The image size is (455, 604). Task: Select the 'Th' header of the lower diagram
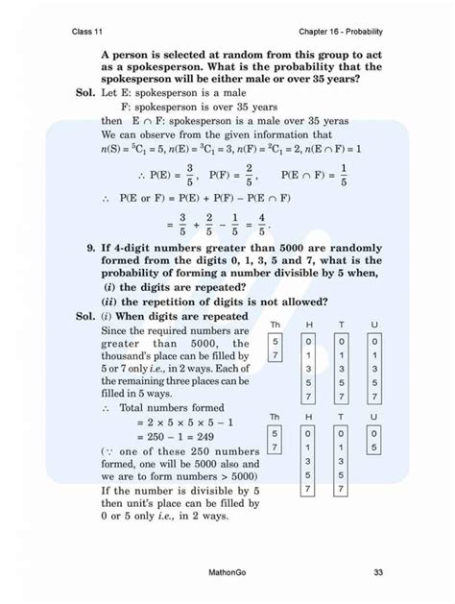tap(276, 418)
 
